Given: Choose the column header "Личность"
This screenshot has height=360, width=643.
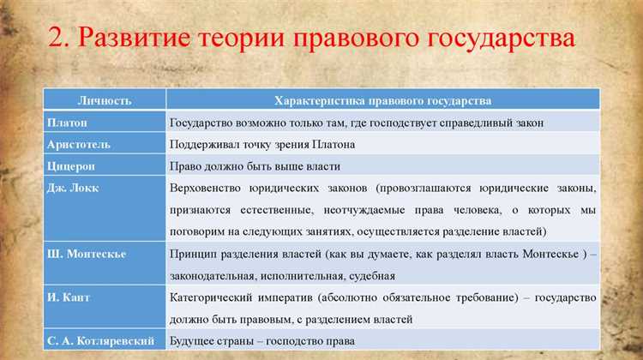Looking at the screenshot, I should point(105,101).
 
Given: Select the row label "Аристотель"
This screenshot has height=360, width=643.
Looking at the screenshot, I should point(78,144).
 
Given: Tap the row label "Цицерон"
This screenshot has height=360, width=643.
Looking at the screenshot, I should point(71,165).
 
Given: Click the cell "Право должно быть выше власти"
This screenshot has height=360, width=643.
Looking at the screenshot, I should point(255,165).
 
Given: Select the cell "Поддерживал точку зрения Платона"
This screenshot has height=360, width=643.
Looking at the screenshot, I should point(261,144).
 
